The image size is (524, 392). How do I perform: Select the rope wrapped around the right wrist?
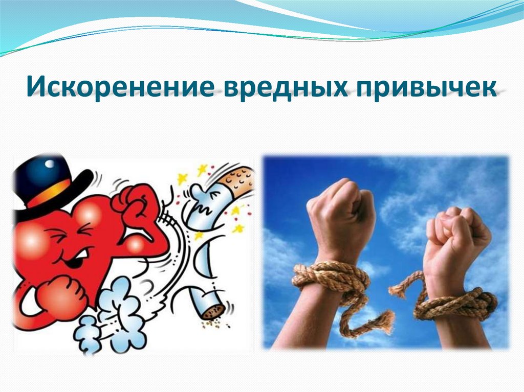(x=458, y=304)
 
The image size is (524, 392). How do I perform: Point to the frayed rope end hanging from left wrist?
(x=379, y=319)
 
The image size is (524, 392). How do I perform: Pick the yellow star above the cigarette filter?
(x=205, y=168)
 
